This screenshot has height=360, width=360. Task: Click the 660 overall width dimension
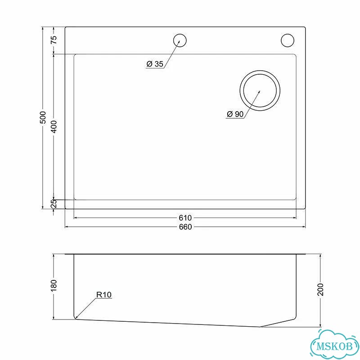185,227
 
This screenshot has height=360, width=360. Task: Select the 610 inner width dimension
185,218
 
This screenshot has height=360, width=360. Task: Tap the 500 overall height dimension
43,117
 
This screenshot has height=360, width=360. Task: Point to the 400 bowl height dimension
54,126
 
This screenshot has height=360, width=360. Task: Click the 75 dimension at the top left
54,40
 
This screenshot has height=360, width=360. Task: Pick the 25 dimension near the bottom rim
54,204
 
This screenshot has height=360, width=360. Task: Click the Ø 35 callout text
155,64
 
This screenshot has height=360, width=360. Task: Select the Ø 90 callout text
235,114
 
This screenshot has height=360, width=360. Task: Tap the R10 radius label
104,295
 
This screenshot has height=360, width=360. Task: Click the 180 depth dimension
54,286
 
